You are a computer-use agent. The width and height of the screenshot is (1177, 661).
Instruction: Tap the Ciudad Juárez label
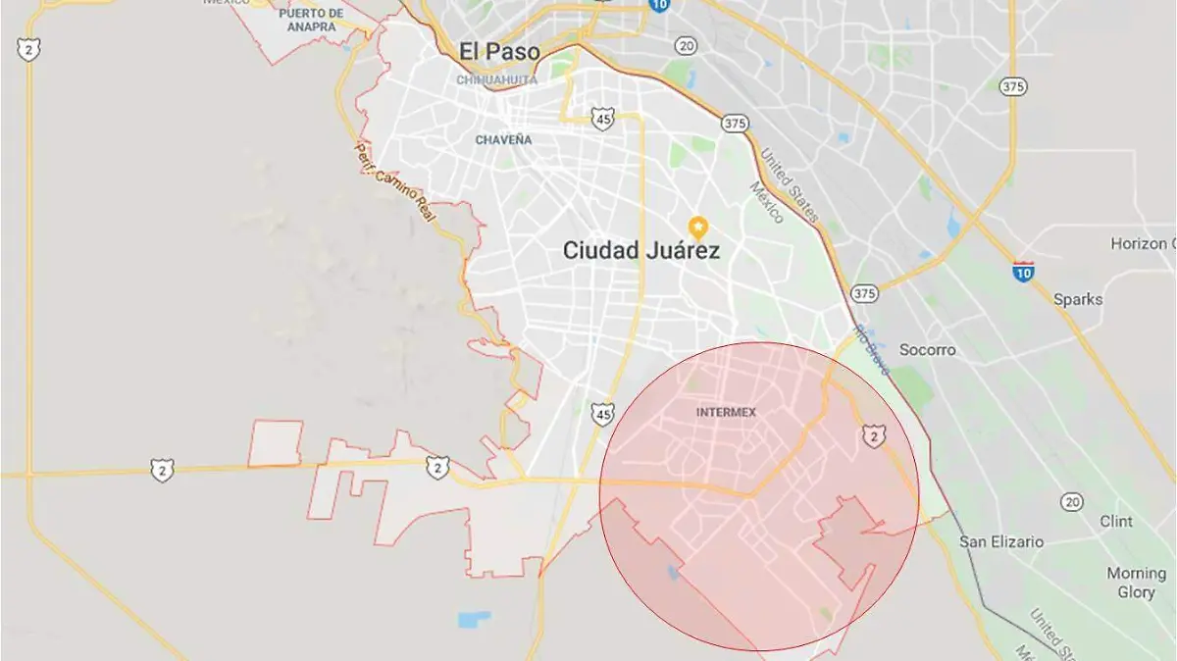point(641,251)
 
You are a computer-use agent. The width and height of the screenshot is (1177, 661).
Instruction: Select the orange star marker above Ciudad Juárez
point(698,227)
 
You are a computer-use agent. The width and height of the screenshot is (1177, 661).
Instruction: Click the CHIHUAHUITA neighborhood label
point(496,80)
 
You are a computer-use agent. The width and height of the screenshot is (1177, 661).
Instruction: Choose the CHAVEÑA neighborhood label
point(503,140)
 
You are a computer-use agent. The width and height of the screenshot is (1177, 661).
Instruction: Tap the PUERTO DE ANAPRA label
point(311,20)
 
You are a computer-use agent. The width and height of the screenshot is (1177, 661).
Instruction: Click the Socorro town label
point(927,350)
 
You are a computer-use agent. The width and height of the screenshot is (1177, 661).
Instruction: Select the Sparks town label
point(1077,300)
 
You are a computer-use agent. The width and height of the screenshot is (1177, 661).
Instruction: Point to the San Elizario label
point(1001,541)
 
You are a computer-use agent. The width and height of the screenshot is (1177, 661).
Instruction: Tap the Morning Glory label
point(1136,583)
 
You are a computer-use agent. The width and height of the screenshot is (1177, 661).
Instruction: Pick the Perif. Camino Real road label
point(393,181)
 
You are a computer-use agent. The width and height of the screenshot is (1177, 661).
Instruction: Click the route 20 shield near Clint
point(1071,502)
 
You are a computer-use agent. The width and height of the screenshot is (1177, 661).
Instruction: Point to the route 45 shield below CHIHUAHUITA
point(603,119)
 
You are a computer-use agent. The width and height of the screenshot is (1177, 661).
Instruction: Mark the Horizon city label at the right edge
point(1143,243)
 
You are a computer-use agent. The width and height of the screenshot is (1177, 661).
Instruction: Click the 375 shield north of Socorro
point(864,293)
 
